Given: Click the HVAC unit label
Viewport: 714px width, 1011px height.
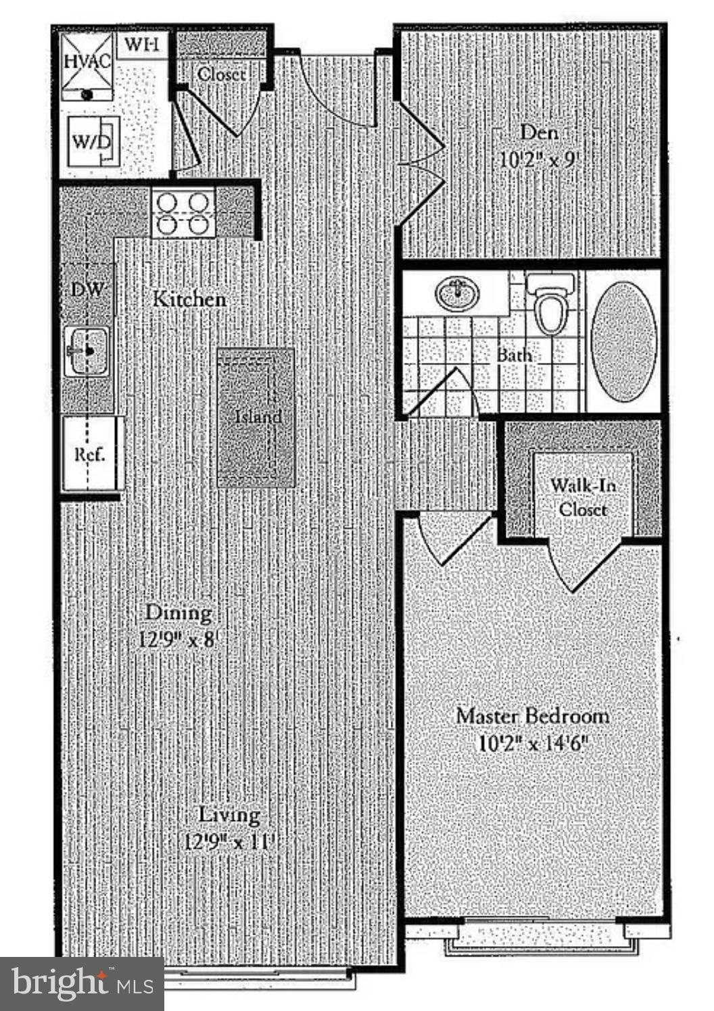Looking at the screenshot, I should [87, 61].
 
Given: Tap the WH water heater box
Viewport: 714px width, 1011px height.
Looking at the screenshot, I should [143, 46].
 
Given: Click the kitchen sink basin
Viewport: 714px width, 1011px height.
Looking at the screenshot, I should [87, 351].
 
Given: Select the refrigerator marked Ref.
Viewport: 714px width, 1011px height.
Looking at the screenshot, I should [89, 454].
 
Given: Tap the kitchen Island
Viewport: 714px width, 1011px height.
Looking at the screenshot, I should [256, 417].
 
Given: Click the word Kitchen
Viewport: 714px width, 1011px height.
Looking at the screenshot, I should [189, 299].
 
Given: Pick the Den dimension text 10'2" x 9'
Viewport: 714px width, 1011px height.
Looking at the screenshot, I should [540, 160].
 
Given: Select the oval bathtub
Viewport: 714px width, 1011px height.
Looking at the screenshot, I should [623, 341].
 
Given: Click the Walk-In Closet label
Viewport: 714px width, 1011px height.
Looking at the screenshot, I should [583, 497].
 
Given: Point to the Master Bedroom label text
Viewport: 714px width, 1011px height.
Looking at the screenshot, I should [532, 716].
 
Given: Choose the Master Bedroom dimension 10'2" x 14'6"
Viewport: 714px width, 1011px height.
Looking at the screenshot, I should [533, 743].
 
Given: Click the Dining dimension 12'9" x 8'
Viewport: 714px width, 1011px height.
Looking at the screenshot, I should [178, 639].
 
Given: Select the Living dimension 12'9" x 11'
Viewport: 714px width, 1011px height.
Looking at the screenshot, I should [230, 842].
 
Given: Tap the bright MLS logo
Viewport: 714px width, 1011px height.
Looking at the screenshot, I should [82, 983].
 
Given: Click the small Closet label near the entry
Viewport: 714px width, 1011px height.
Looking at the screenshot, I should [222, 74].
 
